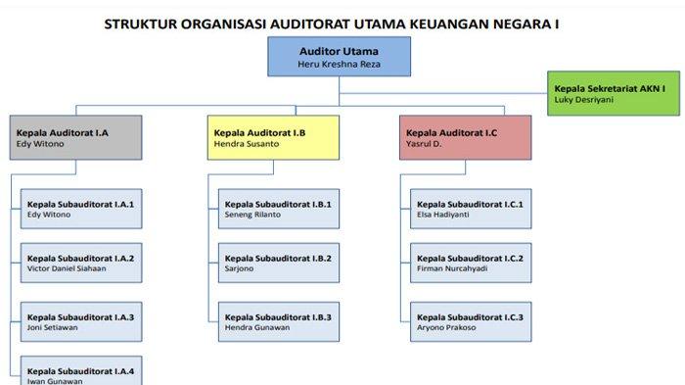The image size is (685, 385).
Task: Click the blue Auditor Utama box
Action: tap(339, 57)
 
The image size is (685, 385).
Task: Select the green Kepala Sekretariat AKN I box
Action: tap(614, 93)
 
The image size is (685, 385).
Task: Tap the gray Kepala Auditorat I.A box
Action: tap(76, 137)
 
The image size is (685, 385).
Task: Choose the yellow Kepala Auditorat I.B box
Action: tap(273, 137)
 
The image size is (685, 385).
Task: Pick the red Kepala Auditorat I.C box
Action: tap(465, 137)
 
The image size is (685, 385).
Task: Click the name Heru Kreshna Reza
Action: tap(339, 65)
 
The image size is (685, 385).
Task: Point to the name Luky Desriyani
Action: tap(583, 100)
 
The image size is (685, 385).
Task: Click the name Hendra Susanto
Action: tap(247, 144)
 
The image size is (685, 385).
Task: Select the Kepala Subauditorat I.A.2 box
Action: tap(81, 263)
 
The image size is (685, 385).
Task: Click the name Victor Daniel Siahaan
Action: tap(67, 268)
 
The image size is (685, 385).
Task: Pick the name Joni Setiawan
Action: tap(53, 327)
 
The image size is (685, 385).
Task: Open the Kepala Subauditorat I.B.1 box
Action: tap(279, 209)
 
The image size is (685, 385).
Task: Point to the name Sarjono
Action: tap(239, 269)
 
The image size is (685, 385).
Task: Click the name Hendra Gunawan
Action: tap(257, 327)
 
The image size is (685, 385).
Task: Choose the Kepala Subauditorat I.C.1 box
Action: tap(471, 209)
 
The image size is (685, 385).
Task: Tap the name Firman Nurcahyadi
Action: tap(452, 269)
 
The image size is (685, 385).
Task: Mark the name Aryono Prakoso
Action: tap(446, 327)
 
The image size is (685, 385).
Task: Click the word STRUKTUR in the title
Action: tap(140, 24)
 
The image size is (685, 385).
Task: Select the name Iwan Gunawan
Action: tap(55, 381)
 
